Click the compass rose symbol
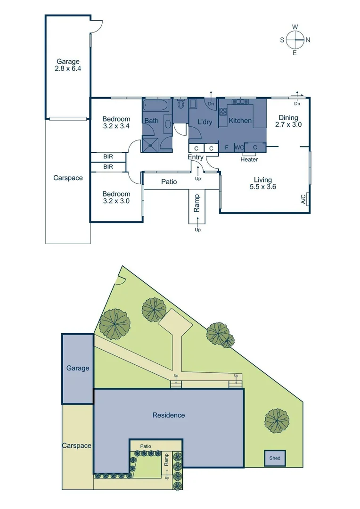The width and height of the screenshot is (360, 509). pos(295,40)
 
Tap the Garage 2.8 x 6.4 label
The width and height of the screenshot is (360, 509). pos(68,65)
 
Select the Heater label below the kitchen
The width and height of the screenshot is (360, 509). pos(249,159)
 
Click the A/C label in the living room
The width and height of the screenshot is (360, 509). pos(303,199)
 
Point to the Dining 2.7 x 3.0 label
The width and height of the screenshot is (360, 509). pos(288,122)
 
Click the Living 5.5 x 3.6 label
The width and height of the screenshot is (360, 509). pos(263,183)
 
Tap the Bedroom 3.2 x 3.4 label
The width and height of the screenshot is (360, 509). pos(116,123)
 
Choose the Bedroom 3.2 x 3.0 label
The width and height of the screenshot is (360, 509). pos(116,197)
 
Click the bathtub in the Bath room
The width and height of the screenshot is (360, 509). pos(155,106)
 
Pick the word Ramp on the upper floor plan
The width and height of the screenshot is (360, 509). pos(197,204)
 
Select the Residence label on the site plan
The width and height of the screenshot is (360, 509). pos(168,415)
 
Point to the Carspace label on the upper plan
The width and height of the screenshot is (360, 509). pos(68,178)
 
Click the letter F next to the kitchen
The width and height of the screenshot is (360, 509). pos(226,148)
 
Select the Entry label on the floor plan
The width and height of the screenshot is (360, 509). pos(196,157)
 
